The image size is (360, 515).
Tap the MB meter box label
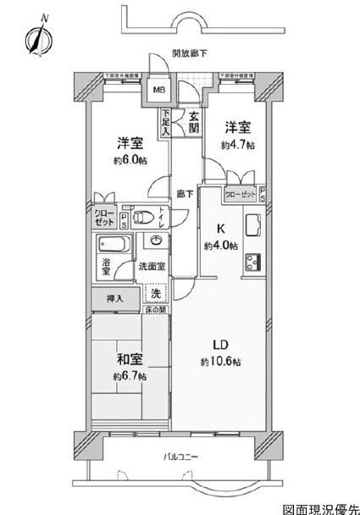pyautogui.click(x=158, y=88)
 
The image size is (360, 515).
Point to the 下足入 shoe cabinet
pyautogui.click(x=166, y=124)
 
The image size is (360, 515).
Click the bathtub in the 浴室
pyautogui.click(x=113, y=249)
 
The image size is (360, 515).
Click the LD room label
pyautogui.click(x=218, y=344)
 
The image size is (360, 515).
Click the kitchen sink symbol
pyautogui.click(x=252, y=224)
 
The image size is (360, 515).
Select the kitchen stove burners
pyautogui.click(x=252, y=263)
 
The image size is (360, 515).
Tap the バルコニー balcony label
pyautogui.click(x=181, y=458)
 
